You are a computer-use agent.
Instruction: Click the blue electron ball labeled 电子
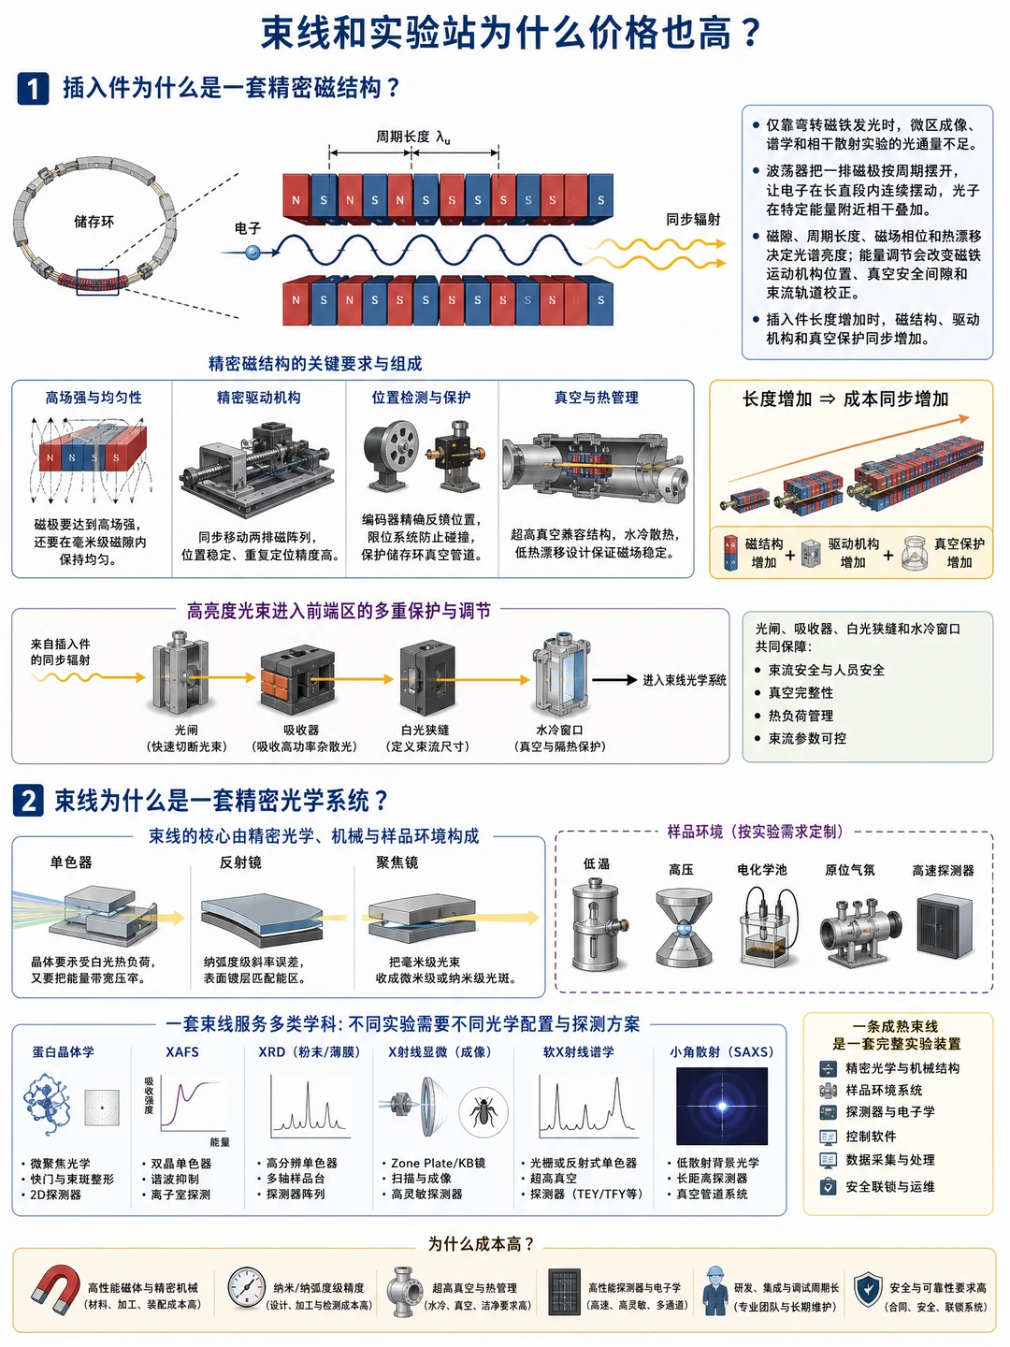252,252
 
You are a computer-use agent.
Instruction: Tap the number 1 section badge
33,88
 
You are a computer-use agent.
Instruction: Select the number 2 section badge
28,801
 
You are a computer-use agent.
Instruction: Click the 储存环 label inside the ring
94,222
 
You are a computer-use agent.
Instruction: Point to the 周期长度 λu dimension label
412,137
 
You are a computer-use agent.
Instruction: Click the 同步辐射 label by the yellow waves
693,219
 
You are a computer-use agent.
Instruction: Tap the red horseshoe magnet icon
56,1289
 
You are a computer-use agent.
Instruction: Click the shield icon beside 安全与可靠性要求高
869,1289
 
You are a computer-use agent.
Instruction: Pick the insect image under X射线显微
483,1109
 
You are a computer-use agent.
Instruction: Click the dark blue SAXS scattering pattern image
721,1107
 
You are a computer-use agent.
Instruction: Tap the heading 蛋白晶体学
64,1051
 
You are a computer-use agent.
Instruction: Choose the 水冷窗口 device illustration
559,676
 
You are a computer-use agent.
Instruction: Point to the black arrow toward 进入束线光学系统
613,679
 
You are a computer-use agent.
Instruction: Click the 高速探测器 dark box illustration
945,926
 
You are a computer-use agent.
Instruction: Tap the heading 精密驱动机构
259,398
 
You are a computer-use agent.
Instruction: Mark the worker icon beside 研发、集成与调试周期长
714,1290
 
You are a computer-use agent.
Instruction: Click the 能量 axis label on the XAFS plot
220,1141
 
